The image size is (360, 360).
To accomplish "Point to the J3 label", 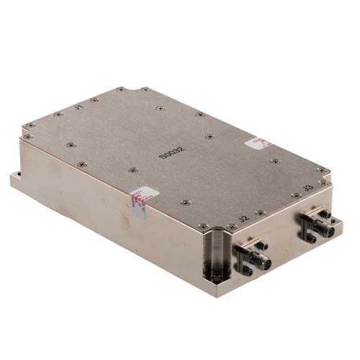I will pos(307,189).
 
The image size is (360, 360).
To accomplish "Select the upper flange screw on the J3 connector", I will pos(325,214).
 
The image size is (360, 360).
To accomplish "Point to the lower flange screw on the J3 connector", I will pos(311,237).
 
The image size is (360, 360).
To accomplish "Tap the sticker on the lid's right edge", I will pos(257,143).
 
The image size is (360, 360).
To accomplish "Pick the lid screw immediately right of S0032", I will pos(209,136).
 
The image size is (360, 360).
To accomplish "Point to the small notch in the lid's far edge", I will pos(121,89).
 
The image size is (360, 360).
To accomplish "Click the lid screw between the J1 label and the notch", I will pos(94,100).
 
